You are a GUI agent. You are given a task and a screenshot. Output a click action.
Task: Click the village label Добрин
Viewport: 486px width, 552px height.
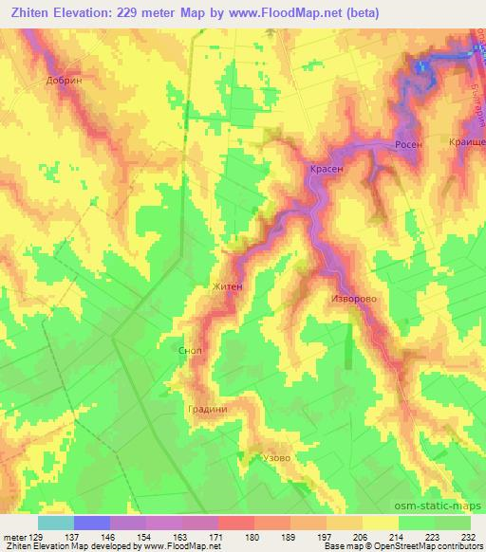[x=65, y=81]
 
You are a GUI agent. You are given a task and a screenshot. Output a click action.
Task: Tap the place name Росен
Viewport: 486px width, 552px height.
[x=408, y=145]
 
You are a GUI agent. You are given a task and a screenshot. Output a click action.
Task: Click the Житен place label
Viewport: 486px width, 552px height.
[x=229, y=285]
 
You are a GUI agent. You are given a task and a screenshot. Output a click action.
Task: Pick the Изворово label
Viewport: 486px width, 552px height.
[x=354, y=297]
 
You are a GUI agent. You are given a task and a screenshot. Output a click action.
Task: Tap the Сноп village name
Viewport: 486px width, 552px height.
[x=190, y=350]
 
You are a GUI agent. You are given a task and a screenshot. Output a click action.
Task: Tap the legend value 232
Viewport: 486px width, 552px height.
[x=468, y=537]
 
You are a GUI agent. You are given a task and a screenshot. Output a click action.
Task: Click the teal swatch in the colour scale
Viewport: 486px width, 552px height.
[x=56, y=523]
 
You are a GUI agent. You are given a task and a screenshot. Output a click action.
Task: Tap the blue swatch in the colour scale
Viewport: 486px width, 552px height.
[x=92, y=523]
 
